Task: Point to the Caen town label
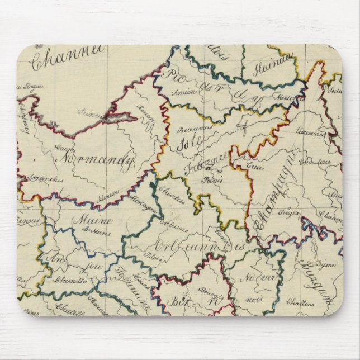pyautogui.click(x=62, y=149)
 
